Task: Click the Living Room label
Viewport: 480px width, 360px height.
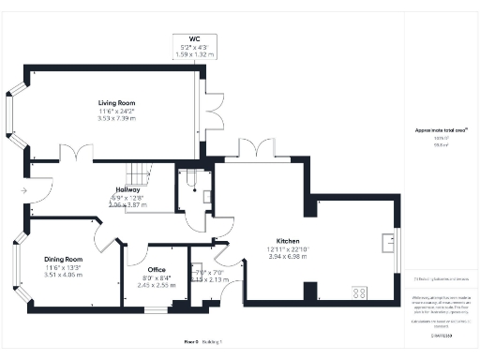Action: pos(117,103)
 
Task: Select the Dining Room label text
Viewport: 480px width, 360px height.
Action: pos(63,259)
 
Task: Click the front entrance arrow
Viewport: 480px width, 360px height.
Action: pos(22,190)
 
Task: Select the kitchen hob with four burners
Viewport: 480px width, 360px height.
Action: pos(359,292)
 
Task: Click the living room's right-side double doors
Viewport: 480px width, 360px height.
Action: pos(213,103)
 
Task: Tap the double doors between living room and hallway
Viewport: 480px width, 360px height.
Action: pos(74,153)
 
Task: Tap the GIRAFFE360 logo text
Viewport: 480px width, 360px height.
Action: pos(442,336)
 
